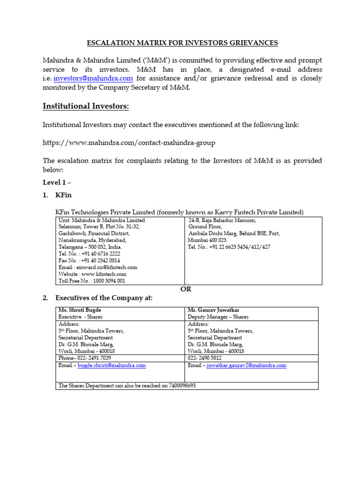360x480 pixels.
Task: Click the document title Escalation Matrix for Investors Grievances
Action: click(x=182, y=43)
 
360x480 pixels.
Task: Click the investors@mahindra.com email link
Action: click(x=93, y=78)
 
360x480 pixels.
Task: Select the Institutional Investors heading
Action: click(x=86, y=106)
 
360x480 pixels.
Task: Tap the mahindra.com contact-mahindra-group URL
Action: click(x=129, y=142)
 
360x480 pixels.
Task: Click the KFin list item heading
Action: click(x=63, y=194)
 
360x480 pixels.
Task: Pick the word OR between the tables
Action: click(x=186, y=289)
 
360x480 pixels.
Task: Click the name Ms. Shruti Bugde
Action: click(x=80, y=310)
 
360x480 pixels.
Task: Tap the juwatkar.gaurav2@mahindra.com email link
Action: click(x=246, y=365)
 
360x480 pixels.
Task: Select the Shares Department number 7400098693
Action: click(x=180, y=385)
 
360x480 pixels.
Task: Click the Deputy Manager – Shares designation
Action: click(x=218, y=317)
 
